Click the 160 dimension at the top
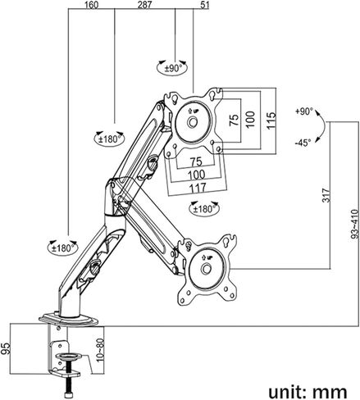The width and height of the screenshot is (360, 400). click(x=91, y=5)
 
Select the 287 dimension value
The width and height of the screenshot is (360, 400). click(x=144, y=5)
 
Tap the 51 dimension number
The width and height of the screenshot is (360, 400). click(x=205, y=5)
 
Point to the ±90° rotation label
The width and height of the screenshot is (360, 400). click(x=173, y=68)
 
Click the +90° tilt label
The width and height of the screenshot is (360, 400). click(x=303, y=111)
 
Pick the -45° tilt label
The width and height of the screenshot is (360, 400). click(x=303, y=143)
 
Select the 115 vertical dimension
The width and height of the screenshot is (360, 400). click(x=271, y=120)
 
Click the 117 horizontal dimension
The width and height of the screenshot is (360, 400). click(x=198, y=188)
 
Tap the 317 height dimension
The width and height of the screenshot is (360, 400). click(x=326, y=195)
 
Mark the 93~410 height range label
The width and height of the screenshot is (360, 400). click(x=354, y=224)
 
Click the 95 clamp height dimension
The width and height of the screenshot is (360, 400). click(x=6, y=348)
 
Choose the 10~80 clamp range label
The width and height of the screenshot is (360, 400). click(x=101, y=351)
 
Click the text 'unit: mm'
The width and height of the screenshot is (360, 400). click(x=308, y=391)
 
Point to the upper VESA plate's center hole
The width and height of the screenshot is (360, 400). click(x=193, y=122)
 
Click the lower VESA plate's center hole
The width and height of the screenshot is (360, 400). click(x=206, y=269)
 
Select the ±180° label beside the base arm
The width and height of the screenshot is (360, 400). click(x=63, y=248)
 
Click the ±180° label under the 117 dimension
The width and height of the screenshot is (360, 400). click(x=204, y=209)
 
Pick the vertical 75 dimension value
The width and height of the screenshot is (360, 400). click(x=234, y=120)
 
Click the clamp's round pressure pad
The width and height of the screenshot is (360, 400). click(x=68, y=357)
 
